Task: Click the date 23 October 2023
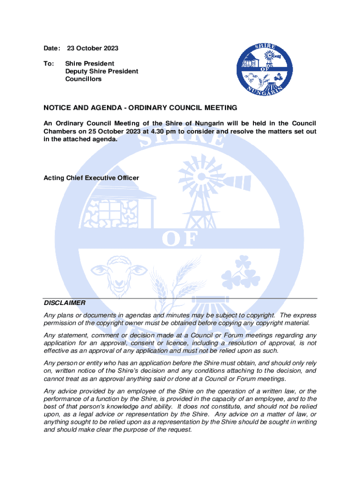(x=93, y=48)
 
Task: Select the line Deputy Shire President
(x=101, y=71)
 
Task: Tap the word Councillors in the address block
(x=83, y=79)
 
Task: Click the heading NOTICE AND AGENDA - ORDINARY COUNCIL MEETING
(x=140, y=108)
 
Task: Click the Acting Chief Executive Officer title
(x=91, y=178)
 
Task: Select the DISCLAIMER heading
(x=65, y=303)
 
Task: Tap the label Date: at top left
(x=52, y=48)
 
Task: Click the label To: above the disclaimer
(x=49, y=63)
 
